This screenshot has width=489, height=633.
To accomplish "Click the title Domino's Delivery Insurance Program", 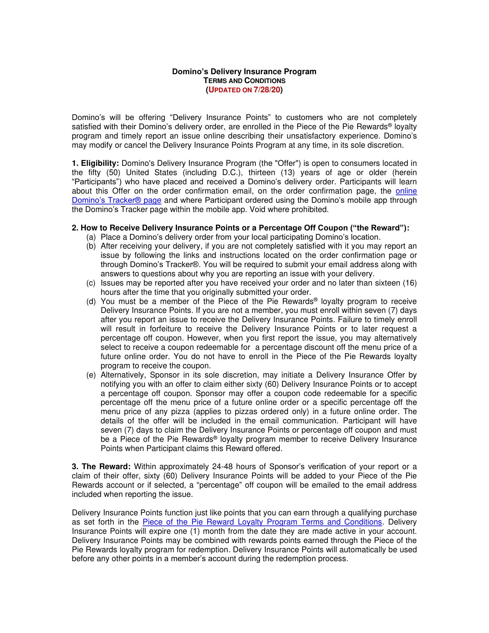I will click(x=244, y=72).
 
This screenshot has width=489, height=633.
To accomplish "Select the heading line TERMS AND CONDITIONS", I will click(x=244, y=81).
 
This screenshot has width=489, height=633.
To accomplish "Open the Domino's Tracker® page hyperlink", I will click(x=116, y=200).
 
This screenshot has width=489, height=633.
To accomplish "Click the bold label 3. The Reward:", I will click(x=101, y=467).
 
